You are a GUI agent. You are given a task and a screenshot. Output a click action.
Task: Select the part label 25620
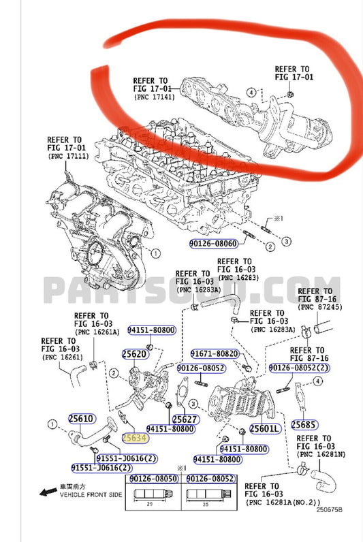[x=134, y=354]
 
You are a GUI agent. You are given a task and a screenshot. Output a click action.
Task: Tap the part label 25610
[x=80, y=419]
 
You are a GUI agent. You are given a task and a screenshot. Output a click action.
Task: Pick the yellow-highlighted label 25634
[x=133, y=439]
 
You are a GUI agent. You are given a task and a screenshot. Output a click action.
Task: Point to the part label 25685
[x=304, y=424]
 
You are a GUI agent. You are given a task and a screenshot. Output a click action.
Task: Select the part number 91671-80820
[x=215, y=354]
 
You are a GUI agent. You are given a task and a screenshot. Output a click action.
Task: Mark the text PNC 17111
[x=69, y=156]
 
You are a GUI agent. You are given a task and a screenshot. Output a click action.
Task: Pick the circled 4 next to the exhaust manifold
[x=251, y=92]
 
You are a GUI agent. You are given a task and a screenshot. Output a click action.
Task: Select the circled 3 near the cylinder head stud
[x=287, y=242]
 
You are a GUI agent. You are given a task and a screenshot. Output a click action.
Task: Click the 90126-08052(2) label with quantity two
[x=298, y=368]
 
